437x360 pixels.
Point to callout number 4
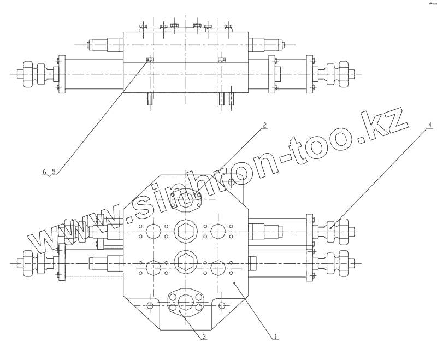430,125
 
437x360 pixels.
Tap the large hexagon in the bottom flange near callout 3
186,302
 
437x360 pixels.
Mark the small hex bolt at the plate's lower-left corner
151,305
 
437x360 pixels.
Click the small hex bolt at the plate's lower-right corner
222,305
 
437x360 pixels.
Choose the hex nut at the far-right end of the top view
344,73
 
